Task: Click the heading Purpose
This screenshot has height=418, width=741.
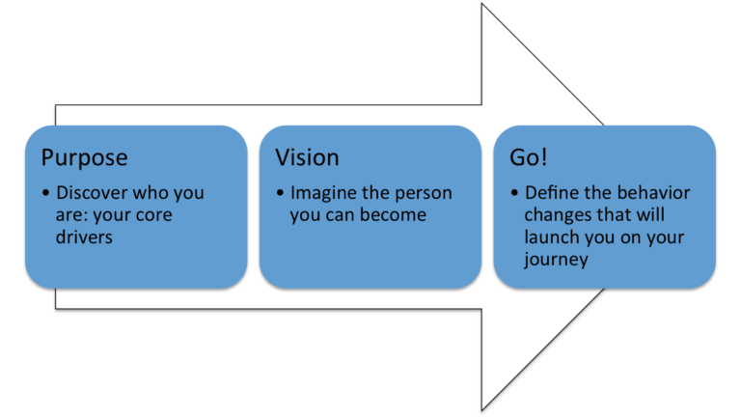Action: pos(84,158)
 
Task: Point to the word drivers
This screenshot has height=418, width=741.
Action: pos(85,237)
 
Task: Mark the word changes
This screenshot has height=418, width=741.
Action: pos(559,214)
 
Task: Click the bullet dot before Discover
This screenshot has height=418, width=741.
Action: pos(46,194)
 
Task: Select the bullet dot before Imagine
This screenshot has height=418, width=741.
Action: pos(280,194)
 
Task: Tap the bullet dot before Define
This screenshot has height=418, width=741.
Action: pos(514,194)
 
